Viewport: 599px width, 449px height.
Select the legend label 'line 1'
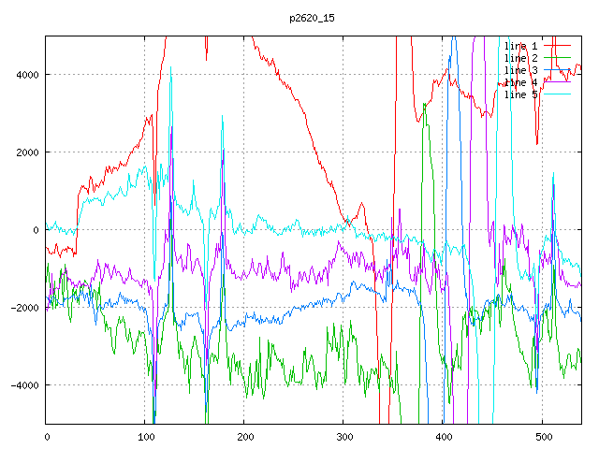click(x=521, y=45)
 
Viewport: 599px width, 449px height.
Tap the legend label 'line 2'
click(x=521, y=57)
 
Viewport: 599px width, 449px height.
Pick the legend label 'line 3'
click(x=521, y=70)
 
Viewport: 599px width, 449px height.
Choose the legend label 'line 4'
click(x=521, y=82)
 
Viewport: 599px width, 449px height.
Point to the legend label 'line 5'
click(x=521, y=94)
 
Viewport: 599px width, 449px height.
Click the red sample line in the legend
click(x=558, y=45)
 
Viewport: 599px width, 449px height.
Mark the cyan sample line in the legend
click(x=558, y=94)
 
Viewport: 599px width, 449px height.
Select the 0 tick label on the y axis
click(x=36, y=230)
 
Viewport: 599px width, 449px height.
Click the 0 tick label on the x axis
click(x=47, y=436)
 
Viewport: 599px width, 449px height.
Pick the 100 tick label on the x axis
click(x=145, y=436)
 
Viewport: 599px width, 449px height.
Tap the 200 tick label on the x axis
click(x=244, y=436)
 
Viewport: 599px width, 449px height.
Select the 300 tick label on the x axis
click(x=343, y=436)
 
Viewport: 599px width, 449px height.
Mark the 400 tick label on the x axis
click(x=443, y=436)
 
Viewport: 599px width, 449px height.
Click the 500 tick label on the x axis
click(x=542, y=436)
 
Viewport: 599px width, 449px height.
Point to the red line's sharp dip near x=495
click(x=537, y=143)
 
